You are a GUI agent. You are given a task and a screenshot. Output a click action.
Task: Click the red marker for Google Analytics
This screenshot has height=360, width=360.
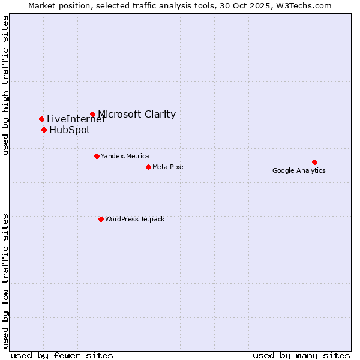tap(314, 162)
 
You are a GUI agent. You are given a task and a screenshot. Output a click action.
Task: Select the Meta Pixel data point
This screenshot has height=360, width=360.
tap(148, 167)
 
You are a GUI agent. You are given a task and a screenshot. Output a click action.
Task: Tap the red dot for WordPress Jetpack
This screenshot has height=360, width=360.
tap(101, 219)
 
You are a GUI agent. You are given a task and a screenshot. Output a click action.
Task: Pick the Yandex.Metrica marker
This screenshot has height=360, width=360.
tap(97, 156)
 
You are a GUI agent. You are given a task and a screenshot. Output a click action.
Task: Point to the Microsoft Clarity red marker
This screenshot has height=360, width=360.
tap(92, 114)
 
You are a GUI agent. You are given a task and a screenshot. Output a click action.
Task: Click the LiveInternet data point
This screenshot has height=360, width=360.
tap(41, 119)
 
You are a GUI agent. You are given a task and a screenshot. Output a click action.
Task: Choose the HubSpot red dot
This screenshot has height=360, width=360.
tap(44, 130)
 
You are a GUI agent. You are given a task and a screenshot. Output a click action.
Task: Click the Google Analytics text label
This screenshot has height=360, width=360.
tap(299, 170)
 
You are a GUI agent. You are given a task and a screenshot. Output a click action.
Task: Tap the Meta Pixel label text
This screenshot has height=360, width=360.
tap(169, 167)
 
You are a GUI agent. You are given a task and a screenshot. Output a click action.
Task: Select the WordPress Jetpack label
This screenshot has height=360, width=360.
tap(134, 219)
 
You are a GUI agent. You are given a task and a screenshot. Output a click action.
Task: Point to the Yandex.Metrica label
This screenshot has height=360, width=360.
tap(125, 156)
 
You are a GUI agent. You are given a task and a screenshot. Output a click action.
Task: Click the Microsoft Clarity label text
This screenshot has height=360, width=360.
tap(137, 114)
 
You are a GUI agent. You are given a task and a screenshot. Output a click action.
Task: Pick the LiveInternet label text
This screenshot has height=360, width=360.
tap(76, 119)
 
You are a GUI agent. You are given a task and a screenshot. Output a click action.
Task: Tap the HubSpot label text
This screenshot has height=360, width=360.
tap(70, 130)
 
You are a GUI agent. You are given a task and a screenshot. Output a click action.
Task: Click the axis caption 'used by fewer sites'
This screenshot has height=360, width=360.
tap(62, 355)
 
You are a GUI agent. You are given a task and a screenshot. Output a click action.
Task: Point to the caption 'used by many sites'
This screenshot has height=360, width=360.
tap(301, 355)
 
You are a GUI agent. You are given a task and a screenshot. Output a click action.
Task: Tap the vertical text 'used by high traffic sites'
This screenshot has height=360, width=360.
tap(5, 85)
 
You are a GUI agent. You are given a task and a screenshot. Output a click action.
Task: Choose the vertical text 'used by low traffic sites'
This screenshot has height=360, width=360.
tap(5, 280)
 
